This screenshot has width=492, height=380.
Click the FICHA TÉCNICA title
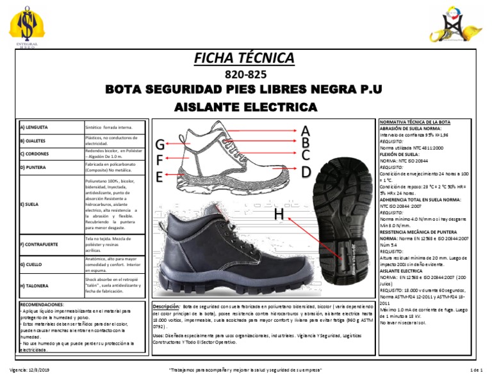point(247,59)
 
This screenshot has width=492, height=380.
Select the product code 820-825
point(247,74)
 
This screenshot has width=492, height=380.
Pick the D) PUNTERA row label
point(34,168)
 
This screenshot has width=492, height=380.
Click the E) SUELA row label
point(29,205)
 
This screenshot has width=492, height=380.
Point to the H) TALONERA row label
point(35,285)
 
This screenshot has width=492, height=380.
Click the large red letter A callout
point(306,131)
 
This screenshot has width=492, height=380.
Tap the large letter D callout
point(306,171)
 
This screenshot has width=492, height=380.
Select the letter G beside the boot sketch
point(160,145)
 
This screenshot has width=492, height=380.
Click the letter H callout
point(279,216)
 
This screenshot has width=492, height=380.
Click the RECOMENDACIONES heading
point(42,305)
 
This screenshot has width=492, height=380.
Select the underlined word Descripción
point(166,306)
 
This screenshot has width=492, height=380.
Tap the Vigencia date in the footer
point(30,371)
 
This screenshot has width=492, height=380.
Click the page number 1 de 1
point(475,371)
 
